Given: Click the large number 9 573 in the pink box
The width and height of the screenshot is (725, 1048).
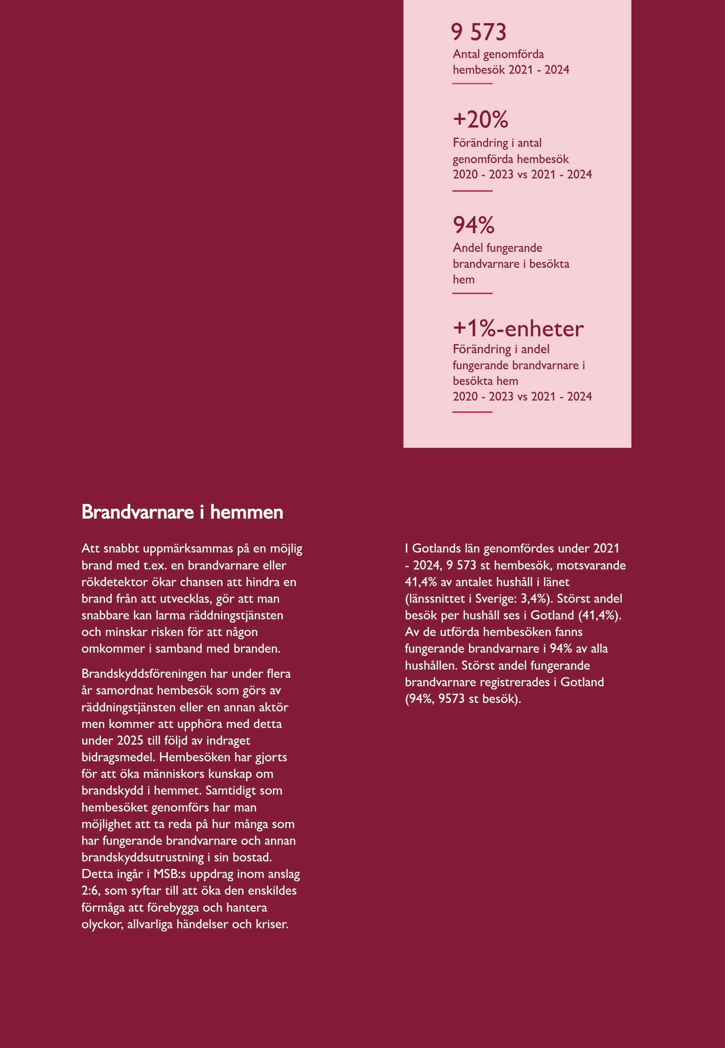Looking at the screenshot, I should (478, 32).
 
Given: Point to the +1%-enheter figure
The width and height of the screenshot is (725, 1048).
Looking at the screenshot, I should (518, 328).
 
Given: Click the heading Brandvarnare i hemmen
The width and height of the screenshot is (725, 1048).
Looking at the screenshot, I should (182, 512).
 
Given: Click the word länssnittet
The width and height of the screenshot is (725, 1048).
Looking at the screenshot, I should (436, 599).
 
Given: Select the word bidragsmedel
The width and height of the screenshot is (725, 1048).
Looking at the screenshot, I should (119, 757).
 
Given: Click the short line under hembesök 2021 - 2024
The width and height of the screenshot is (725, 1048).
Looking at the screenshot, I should (473, 84).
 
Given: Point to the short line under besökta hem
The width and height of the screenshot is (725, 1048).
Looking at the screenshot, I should (473, 294).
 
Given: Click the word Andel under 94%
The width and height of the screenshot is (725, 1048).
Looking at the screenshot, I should (467, 248).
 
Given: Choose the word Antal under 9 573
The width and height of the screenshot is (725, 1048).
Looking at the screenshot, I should (466, 54).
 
